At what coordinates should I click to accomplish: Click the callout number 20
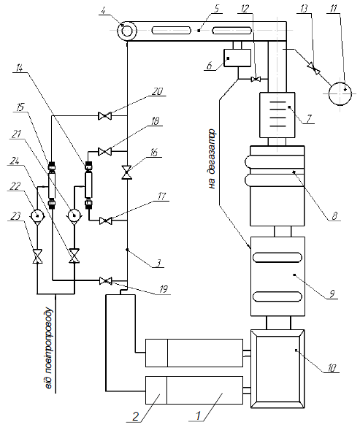tap(157, 91)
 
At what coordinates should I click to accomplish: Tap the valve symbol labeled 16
tap(127, 172)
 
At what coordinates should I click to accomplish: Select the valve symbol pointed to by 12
tap(256, 80)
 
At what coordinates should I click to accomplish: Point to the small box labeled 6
tap(237, 58)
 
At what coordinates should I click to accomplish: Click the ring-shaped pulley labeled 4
tap(126, 31)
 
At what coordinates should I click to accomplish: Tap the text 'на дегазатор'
tap(212, 159)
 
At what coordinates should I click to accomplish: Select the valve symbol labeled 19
tap(105, 281)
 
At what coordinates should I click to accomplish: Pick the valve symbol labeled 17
tap(105, 221)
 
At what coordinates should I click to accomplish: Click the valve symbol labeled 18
tap(104, 151)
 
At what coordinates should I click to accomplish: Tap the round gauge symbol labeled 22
tap(37, 215)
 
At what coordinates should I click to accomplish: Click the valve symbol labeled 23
tap(37, 256)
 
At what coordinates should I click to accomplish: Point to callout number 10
tap(332, 368)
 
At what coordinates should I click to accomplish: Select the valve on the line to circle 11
tap(314, 68)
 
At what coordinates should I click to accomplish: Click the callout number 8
tap(334, 215)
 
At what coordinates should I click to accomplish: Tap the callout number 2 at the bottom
tap(135, 416)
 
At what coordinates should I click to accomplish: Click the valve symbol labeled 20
tap(104, 115)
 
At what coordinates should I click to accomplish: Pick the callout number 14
tap(19, 68)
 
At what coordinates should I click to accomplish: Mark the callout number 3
tap(158, 263)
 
